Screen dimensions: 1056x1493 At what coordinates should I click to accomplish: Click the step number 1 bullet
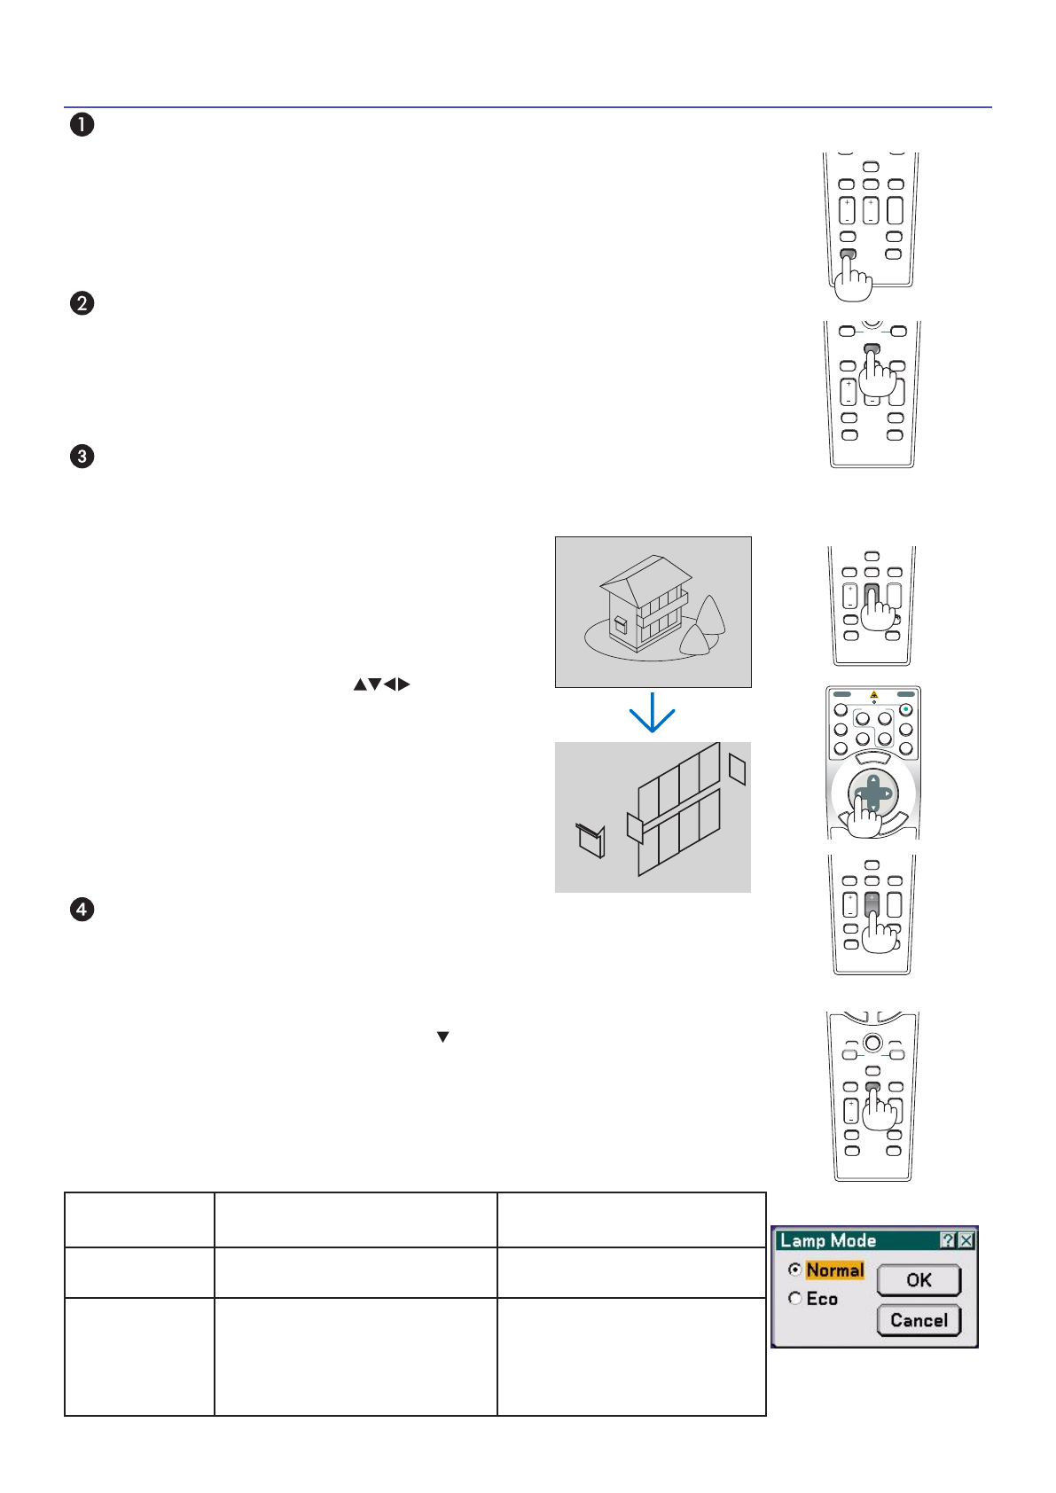pos(82,124)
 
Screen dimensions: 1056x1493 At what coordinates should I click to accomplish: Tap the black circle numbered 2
pos(82,303)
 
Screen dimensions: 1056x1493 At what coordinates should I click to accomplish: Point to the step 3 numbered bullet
pos(82,457)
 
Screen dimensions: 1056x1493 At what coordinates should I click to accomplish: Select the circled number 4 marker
pos(82,910)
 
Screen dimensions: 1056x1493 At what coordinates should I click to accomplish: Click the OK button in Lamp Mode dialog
pos(919,1280)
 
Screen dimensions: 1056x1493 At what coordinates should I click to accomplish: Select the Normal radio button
pos(794,1270)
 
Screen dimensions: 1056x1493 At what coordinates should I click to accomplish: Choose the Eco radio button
pos(794,1298)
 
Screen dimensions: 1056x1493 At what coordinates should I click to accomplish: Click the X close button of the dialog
pos(966,1240)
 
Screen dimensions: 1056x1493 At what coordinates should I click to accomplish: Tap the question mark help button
pos(948,1240)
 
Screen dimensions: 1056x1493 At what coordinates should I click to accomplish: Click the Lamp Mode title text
pos(828,1240)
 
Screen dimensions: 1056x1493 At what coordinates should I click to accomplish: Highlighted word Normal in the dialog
pos(835,1270)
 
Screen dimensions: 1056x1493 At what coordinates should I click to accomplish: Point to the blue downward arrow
pos(653,714)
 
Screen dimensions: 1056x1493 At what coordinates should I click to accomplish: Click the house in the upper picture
pos(644,603)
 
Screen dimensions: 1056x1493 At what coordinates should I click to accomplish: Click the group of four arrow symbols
pos(382,684)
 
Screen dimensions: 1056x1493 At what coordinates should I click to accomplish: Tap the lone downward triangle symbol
pos(442,1036)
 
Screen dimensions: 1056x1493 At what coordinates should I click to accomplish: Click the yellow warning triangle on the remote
pos(873,694)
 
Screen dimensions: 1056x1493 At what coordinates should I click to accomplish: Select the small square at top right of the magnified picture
pos(737,769)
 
